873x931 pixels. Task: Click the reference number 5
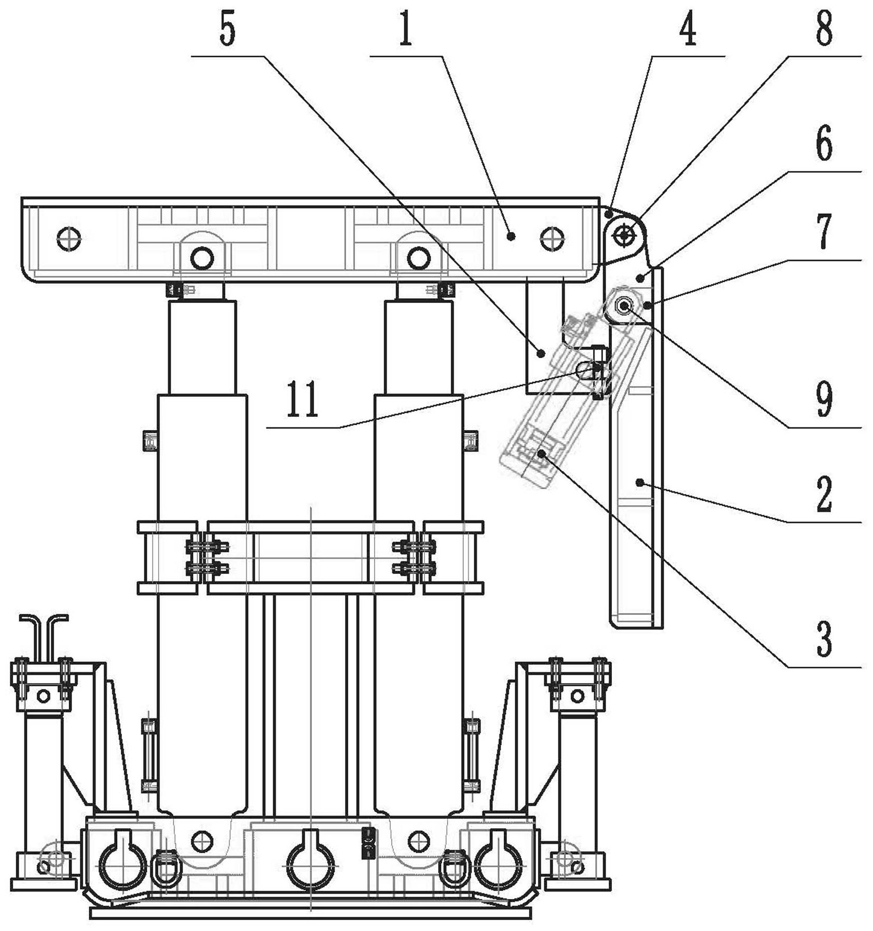(x=227, y=31)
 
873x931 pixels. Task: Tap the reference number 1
(x=405, y=31)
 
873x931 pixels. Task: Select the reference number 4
(x=687, y=31)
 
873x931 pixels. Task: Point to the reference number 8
(x=824, y=30)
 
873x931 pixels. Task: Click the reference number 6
(x=824, y=145)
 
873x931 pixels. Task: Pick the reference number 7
(x=824, y=232)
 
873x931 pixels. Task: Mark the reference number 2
(x=824, y=494)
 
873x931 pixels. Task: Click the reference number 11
(x=303, y=401)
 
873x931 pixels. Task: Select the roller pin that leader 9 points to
(x=624, y=305)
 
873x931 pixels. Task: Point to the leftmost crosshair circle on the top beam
(x=69, y=238)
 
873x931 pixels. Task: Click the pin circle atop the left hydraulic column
(x=202, y=258)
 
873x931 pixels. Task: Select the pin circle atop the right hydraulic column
(x=418, y=258)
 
